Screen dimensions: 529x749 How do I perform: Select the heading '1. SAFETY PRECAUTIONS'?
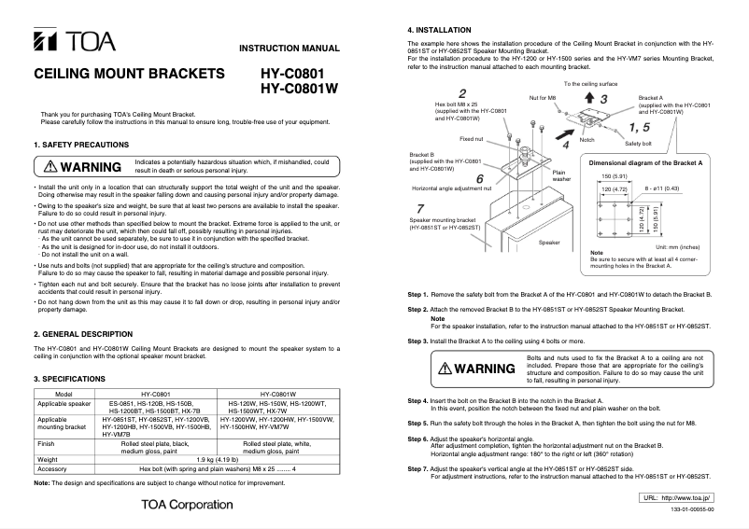80,145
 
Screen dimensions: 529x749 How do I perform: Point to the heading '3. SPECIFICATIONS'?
71,379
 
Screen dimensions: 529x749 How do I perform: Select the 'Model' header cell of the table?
64,394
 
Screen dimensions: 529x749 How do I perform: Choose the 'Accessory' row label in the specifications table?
54,468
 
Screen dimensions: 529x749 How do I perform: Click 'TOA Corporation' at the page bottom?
187,505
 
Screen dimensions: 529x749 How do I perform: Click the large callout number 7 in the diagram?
421,209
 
